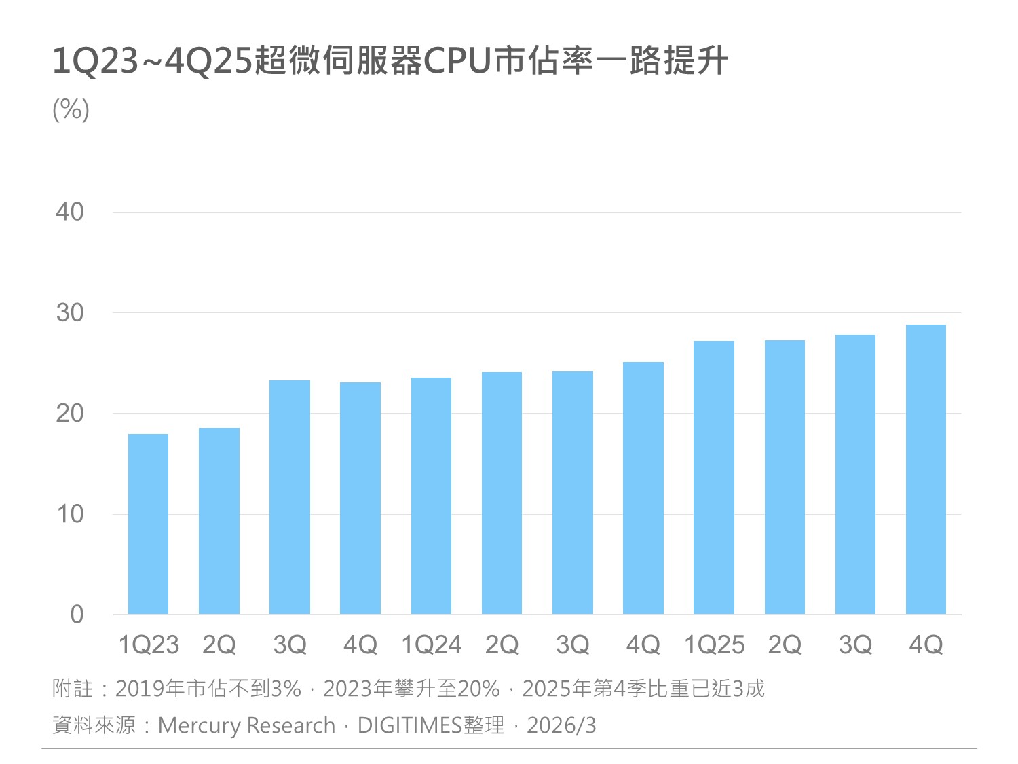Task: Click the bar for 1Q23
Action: (148, 524)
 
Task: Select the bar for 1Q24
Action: (431, 496)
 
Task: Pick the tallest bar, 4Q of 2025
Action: (926, 469)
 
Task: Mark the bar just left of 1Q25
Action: (643, 488)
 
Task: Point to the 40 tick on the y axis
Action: (70, 212)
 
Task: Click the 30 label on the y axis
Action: (70, 312)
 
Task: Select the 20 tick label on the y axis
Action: (70, 413)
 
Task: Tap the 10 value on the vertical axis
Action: (70, 514)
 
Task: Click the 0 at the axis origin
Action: (77, 615)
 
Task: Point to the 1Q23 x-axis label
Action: (149, 644)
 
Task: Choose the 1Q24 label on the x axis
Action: (431, 644)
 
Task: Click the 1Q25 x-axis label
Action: (714, 644)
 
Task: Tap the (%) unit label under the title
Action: (71, 109)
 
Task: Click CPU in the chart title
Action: (457, 61)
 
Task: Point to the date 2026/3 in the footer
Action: (561, 725)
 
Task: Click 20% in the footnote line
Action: (478, 689)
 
